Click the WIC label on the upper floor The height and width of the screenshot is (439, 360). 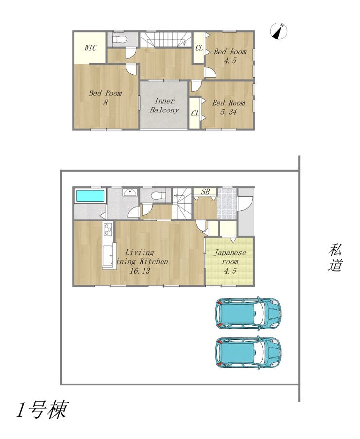tap(90, 48)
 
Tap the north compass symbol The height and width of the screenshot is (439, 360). tap(279, 31)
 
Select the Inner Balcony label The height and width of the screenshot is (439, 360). tap(164, 106)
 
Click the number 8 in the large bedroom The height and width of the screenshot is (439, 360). tap(105, 102)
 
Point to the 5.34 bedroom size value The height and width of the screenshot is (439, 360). tap(229, 112)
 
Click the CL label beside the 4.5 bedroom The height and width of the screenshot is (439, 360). tap(199, 48)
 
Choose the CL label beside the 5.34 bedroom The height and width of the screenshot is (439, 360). tap(195, 114)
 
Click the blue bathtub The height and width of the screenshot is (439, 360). tap(90, 196)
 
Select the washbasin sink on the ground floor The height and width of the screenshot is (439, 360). tap(129, 192)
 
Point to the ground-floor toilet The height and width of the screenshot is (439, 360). tap(158, 195)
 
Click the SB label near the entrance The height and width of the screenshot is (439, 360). tap(205, 192)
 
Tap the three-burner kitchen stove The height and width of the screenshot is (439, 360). tap(108, 229)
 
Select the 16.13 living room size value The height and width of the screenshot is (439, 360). tap(140, 271)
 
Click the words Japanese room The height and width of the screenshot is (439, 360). tap(230, 257)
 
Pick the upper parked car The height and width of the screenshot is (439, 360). tap(248, 313)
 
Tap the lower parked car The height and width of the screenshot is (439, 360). tap(248, 352)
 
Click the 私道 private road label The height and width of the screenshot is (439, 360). tap(335, 257)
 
